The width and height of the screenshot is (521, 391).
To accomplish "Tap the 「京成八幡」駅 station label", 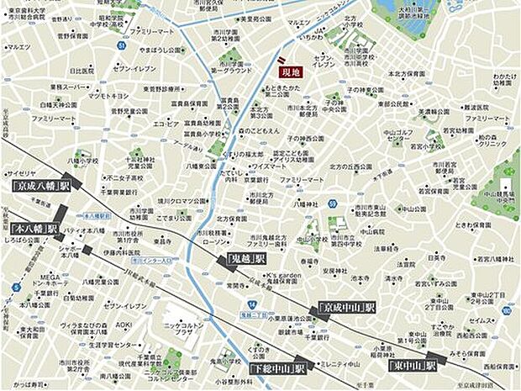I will (40, 185).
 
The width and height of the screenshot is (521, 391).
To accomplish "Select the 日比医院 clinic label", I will (82, 71).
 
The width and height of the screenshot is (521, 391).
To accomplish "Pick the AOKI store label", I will (124, 324).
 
